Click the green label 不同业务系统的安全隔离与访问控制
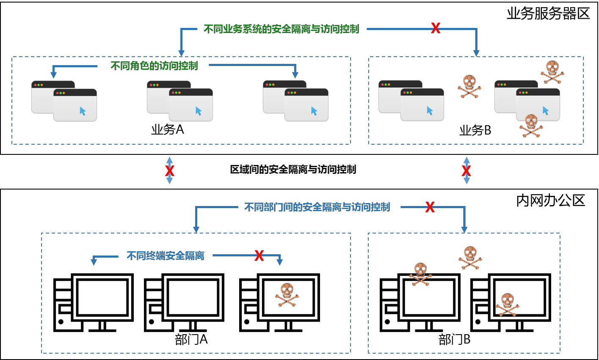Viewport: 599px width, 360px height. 282,29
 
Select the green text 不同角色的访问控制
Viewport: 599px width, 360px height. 154,66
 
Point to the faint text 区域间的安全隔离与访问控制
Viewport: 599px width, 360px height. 293,170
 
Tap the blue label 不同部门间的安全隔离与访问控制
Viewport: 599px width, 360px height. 317,207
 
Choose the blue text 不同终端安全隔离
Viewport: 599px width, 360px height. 166,256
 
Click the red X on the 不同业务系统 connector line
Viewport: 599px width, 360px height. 436,28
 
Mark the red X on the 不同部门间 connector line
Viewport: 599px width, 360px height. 430,207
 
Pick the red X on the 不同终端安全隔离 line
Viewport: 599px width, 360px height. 259,256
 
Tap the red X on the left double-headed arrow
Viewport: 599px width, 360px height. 170,171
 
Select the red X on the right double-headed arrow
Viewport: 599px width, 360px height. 466,171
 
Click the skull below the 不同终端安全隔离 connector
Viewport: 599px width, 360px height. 287,294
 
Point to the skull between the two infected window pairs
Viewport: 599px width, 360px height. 469,86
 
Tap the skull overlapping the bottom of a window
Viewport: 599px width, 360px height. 531,126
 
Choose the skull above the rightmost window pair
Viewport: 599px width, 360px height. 552,72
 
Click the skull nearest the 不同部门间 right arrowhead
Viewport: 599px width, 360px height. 470,258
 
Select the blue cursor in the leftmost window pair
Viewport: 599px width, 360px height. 83,111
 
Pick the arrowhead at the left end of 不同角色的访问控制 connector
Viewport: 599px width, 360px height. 54,75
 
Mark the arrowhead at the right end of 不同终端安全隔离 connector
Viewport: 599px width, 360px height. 279,262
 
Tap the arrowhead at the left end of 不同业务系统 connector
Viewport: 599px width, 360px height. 181,53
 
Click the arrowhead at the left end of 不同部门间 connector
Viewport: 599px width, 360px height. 196,230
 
